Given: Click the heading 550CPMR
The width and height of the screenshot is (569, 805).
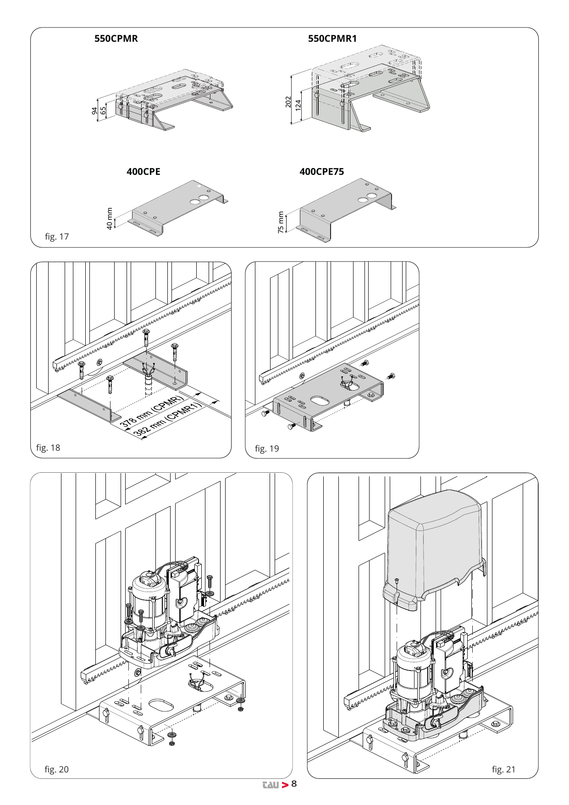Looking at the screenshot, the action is point(116,39).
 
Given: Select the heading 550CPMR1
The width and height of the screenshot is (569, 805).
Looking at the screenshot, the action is point(332,39).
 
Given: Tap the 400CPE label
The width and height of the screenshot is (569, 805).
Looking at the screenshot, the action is point(144,172).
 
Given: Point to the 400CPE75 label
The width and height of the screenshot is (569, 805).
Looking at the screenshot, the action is point(321,172).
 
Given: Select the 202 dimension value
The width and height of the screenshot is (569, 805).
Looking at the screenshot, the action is point(288,102).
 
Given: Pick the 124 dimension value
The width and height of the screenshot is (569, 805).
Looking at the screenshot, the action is point(298,105).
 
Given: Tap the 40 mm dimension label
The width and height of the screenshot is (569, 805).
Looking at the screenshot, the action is point(110,218).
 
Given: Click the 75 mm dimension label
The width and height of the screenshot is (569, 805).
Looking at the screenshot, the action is point(281,222).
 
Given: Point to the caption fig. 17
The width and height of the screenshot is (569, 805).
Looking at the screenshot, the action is point(57,237).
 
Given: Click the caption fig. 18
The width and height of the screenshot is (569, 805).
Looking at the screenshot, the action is point(48,448).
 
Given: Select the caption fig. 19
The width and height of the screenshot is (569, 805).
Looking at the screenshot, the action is point(267,449).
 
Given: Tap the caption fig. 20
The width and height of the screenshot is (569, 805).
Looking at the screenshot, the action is point(57,770).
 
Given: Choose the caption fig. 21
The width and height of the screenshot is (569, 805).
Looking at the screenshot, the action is point(504,770).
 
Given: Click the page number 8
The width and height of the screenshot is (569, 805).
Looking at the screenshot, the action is point(294,783).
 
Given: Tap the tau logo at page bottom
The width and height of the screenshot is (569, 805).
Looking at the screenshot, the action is point(271,785).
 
